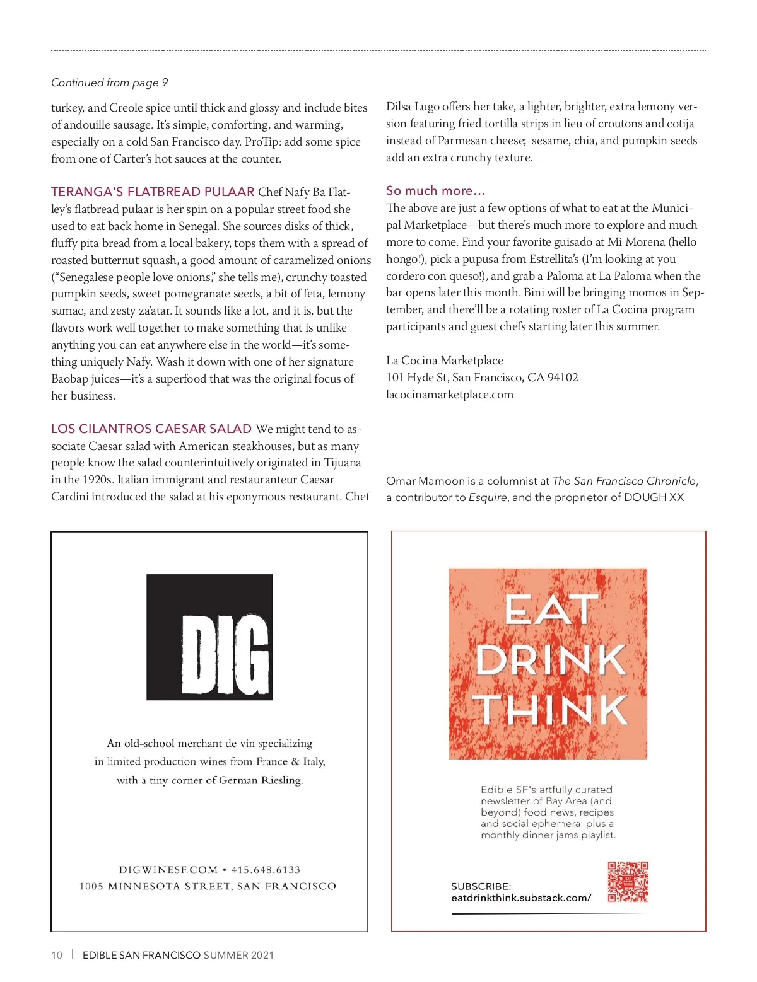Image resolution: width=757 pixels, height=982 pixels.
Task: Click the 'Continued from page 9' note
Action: tap(109, 83)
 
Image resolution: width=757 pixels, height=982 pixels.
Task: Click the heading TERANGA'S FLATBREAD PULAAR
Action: tap(153, 192)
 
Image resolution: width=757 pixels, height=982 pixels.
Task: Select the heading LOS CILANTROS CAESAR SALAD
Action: tap(151, 429)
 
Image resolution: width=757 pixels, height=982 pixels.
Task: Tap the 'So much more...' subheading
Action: tap(435, 190)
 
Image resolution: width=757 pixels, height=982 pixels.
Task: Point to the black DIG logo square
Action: tap(209, 637)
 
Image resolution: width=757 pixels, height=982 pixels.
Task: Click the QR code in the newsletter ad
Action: tap(628, 882)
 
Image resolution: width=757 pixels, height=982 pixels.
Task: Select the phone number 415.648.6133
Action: tap(266, 870)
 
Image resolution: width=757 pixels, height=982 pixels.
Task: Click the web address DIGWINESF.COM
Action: tap(168, 870)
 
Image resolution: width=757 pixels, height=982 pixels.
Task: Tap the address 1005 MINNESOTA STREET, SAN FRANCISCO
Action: tap(208, 886)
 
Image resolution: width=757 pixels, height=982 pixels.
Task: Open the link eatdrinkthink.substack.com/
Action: tap(521, 898)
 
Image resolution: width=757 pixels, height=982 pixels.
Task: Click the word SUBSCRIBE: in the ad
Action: tap(481, 886)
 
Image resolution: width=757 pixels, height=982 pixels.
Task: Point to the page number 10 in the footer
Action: tap(57, 955)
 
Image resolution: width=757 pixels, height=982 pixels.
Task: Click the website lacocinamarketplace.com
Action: tap(450, 395)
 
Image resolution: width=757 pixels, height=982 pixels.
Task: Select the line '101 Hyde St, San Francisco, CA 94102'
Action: tap(482, 378)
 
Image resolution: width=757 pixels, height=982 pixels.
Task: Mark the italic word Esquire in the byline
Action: tap(488, 497)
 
